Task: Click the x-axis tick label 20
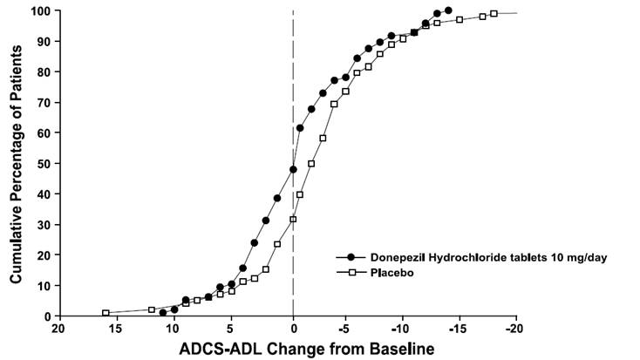[x=58, y=330]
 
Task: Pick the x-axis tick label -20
[x=516, y=330]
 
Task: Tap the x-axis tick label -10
[x=401, y=330]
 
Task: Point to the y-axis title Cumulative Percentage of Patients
[x=16, y=163]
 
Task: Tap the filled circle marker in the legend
[x=351, y=257]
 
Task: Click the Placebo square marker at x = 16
[x=106, y=313]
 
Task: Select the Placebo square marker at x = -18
[x=494, y=14]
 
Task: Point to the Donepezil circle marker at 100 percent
[x=448, y=10]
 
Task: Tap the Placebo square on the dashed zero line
[x=293, y=219]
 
